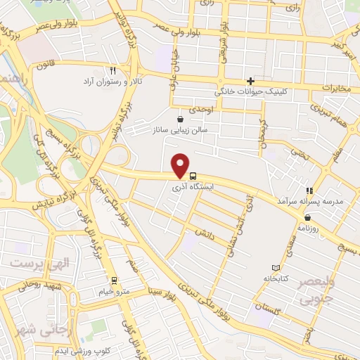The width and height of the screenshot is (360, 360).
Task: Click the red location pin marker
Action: pyautogui.click(x=181, y=165)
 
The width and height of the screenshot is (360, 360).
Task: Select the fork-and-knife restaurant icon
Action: pyautogui.click(x=112, y=70)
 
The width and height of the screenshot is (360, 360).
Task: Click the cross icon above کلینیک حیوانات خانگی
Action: pyautogui.click(x=250, y=81)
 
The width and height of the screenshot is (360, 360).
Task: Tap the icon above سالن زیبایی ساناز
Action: pyautogui.click(x=181, y=119)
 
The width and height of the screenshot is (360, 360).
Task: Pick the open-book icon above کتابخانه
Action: pyautogui.click(x=275, y=268)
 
